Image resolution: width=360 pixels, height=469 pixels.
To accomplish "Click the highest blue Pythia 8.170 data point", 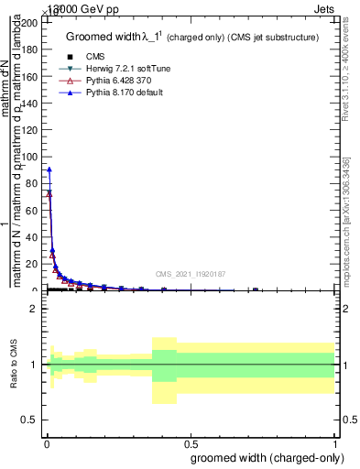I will [x=49, y=169].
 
